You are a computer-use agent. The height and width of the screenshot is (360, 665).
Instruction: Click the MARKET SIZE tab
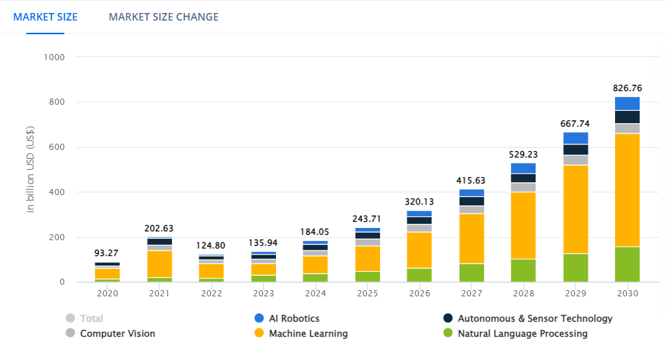click(45, 16)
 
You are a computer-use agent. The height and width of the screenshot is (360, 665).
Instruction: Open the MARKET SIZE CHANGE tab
click(164, 16)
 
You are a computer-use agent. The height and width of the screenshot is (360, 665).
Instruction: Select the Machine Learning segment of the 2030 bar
click(627, 190)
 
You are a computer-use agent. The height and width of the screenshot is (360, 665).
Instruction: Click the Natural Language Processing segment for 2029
click(576, 268)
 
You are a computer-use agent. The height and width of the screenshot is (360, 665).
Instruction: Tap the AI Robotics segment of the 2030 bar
click(627, 103)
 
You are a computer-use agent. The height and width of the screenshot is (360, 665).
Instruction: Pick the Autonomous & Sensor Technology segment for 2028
click(524, 178)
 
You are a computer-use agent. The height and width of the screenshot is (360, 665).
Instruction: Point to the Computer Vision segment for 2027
click(472, 210)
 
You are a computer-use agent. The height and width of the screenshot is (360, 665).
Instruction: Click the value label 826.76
click(627, 88)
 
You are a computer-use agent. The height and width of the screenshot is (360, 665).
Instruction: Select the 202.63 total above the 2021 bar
click(160, 229)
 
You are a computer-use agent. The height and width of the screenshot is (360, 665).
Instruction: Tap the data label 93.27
click(108, 253)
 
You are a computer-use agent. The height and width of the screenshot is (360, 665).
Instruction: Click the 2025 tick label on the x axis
click(368, 293)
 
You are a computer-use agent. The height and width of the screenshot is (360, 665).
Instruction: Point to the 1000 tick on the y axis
click(53, 57)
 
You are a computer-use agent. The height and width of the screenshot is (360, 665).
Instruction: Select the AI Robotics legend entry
click(286, 318)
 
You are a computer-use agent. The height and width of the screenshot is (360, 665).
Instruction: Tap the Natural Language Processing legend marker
click(449, 333)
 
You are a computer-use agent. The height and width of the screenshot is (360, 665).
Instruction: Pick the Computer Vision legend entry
click(110, 333)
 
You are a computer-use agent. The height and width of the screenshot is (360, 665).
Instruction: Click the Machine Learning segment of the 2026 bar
click(420, 250)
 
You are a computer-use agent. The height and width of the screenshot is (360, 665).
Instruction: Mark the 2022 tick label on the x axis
click(212, 293)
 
